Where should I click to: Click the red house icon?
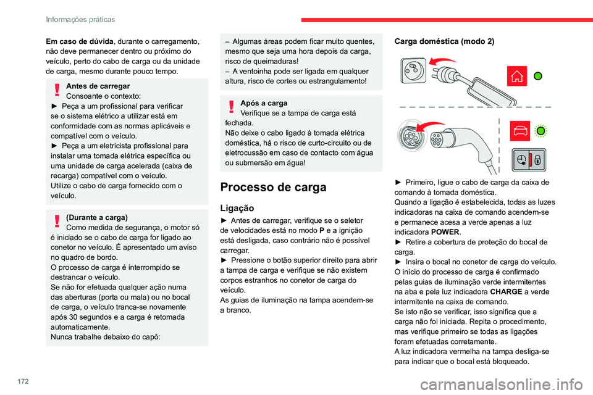518,76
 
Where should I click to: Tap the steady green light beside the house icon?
537,76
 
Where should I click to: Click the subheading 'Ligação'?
237,208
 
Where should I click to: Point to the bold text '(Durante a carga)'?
96,217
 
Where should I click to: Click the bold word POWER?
447,231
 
